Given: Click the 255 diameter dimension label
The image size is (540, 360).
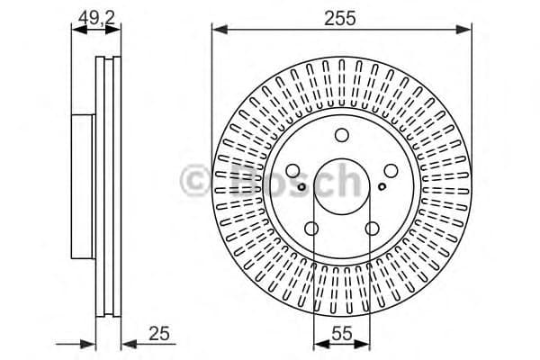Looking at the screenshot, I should (x=342, y=16).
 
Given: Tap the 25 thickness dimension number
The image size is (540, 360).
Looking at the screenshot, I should (x=159, y=334).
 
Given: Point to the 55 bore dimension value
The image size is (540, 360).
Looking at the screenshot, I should (x=341, y=334).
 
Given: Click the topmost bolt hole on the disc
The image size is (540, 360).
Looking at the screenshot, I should (x=342, y=136).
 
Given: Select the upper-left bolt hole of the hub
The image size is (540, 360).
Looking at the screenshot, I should (x=293, y=171).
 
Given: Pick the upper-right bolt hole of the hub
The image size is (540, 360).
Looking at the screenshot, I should (x=391, y=171).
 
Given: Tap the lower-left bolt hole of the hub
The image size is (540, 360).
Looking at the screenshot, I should (x=312, y=228).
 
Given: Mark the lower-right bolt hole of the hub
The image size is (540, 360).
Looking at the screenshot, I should (x=372, y=228).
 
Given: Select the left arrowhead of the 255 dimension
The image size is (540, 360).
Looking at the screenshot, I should (x=217, y=31).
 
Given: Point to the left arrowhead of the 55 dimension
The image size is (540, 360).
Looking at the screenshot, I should (x=318, y=342).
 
